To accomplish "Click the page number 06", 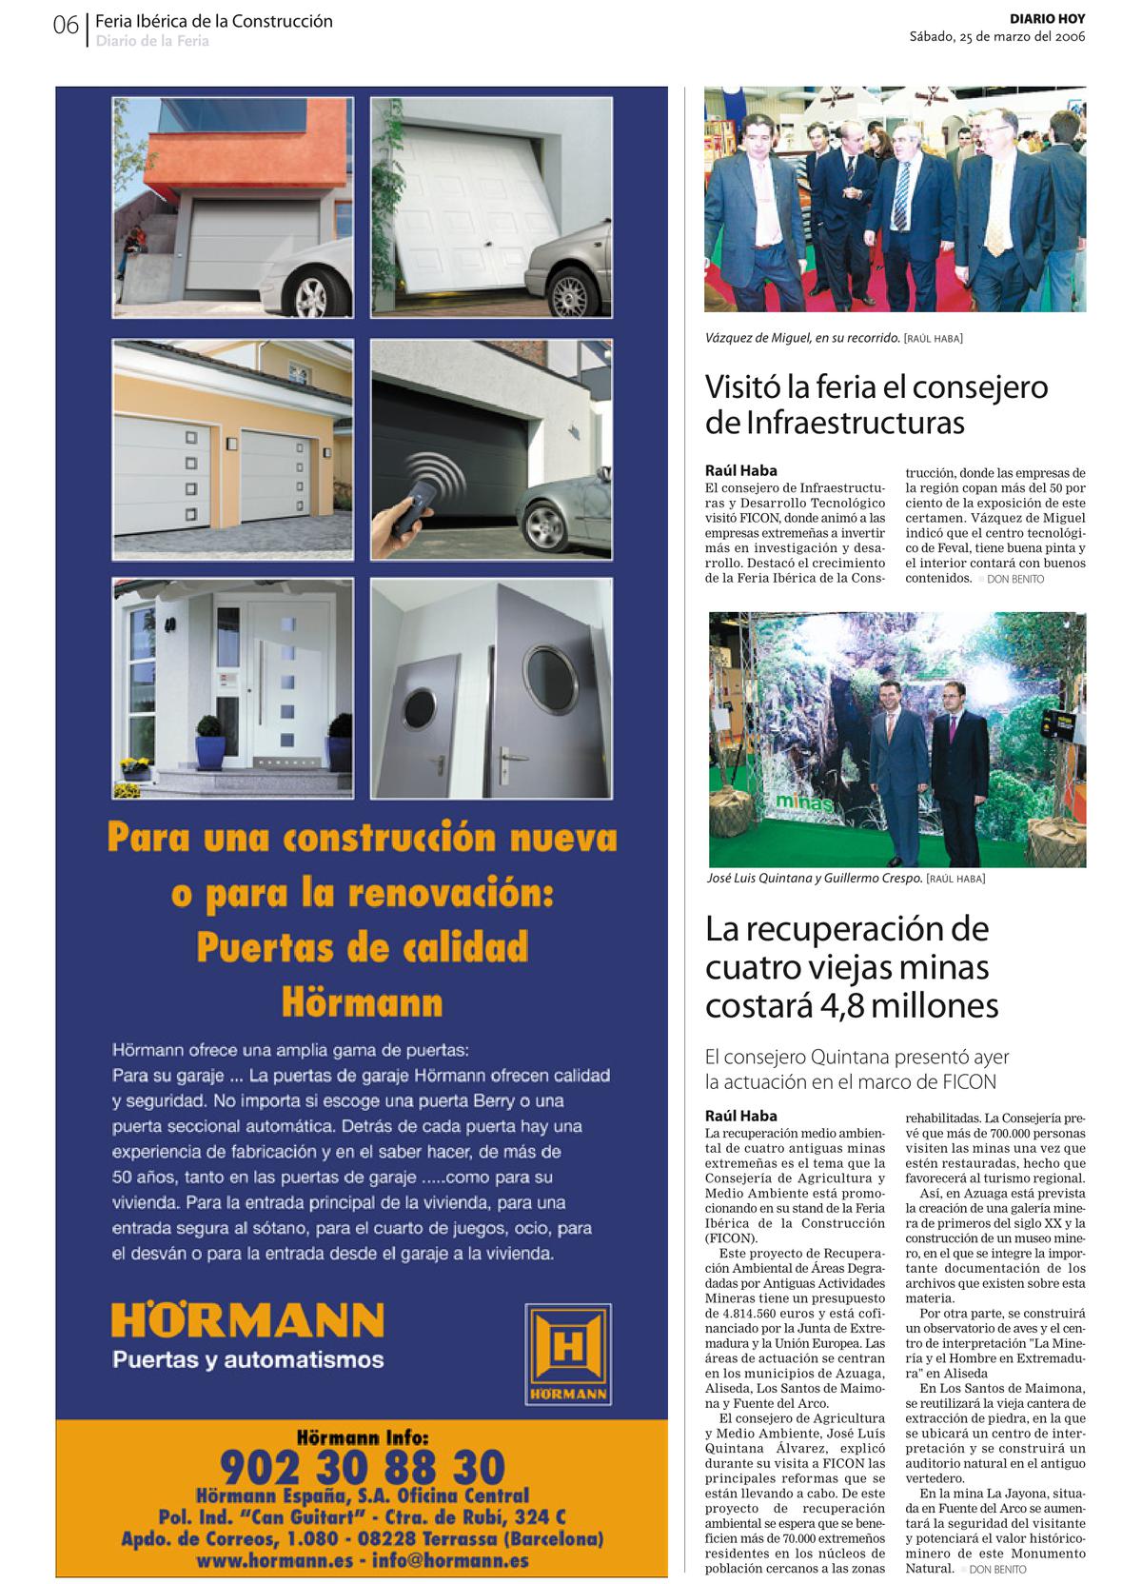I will point(66,26).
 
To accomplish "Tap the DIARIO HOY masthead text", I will point(1047,19).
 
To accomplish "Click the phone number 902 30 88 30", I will point(362,1467).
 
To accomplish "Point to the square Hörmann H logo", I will point(568,1354).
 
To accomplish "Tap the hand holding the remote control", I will point(401,525).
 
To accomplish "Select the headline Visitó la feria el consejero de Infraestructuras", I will point(876,404).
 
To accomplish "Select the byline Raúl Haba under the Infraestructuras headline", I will point(740,470).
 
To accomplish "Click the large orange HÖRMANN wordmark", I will point(247,1320).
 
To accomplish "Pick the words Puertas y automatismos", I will point(247,1359).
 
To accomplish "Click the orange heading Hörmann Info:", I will point(362,1435).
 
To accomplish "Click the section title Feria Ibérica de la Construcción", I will point(214,21).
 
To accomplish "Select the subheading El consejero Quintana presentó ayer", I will point(856,1057).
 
